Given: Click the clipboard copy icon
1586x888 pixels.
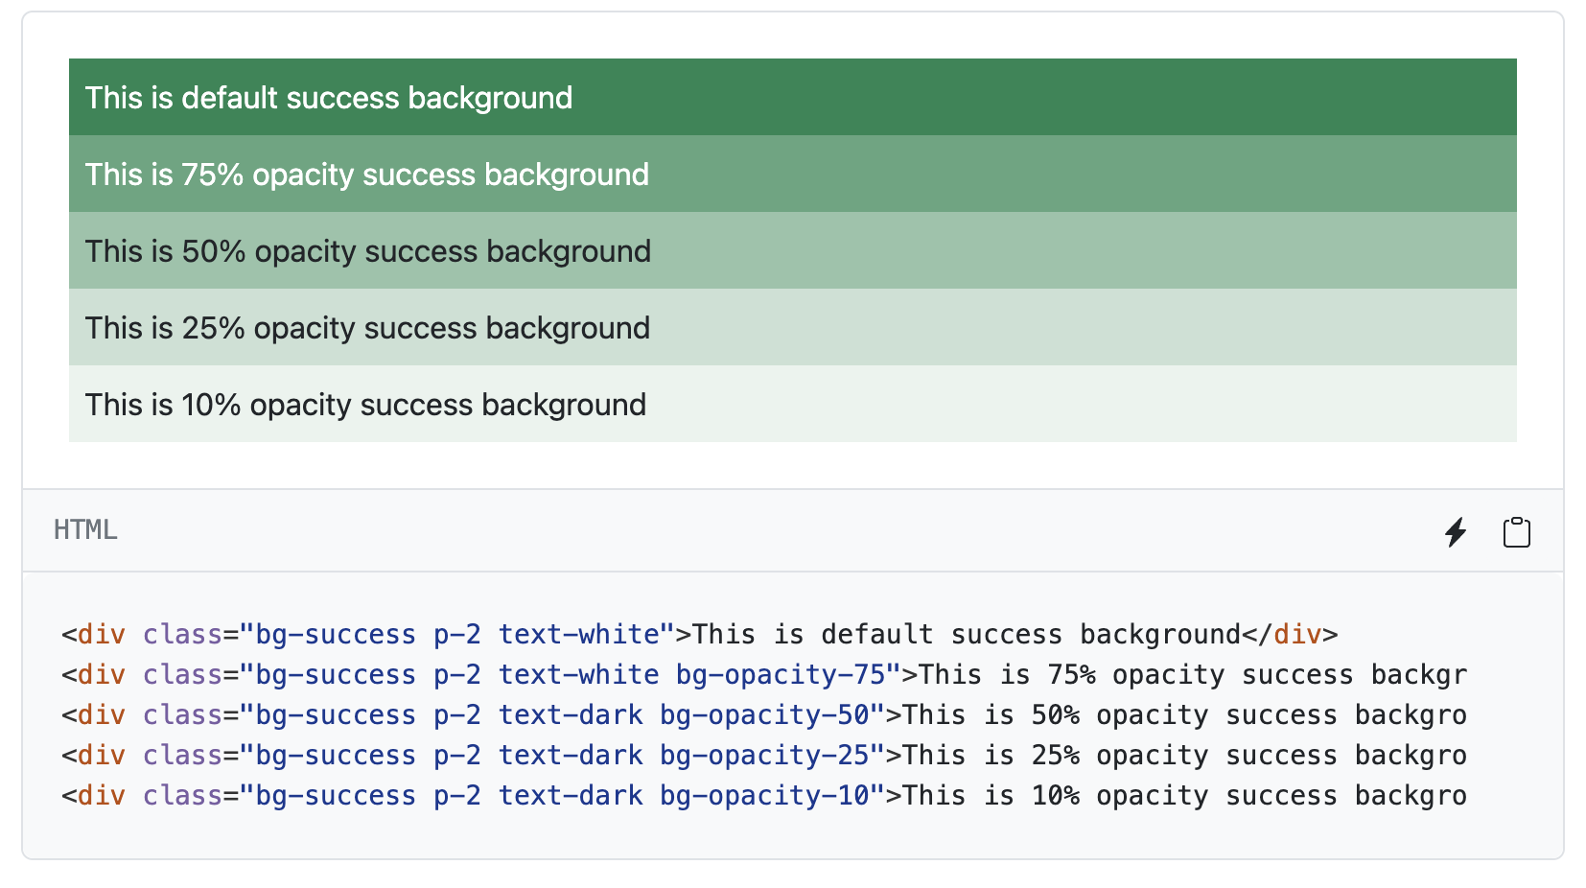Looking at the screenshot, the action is [x=1516, y=531].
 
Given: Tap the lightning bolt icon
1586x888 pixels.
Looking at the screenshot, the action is [x=1456, y=531].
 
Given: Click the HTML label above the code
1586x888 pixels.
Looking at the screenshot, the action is [x=85, y=530].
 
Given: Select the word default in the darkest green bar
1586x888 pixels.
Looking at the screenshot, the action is [x=228, y=98].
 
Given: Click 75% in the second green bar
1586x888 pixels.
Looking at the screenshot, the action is [x=212, y=175].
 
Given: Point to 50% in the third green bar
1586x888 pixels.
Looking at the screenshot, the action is [x=214, y=251].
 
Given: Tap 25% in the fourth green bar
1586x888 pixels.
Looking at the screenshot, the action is [x=213, y=328].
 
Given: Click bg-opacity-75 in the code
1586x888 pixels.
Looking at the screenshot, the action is [x=781, y=675].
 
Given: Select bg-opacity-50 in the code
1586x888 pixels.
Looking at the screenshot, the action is [x=764, y=715].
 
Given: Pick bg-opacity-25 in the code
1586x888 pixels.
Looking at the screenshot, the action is [x=764, y=756].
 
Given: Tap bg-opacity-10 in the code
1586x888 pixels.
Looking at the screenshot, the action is [x=764, y=796].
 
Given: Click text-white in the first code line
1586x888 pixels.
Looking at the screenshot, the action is [x=578, y=635].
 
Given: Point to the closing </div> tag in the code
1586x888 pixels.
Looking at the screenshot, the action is [x=1290, y=635].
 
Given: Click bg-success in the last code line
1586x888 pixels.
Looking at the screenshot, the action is [x=336, y=796].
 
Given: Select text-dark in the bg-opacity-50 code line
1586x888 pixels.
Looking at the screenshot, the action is [x=571, y=715].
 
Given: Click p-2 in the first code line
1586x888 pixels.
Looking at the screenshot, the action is [x=457, y=635].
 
